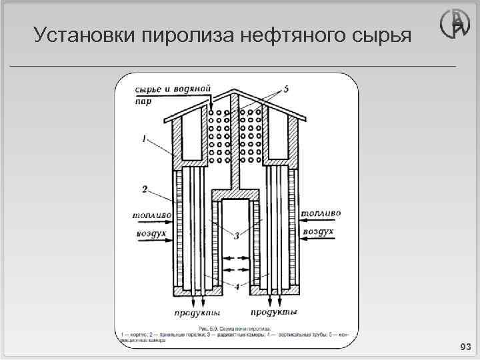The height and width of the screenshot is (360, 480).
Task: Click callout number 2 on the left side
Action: pyautogui.click(x=145, y=189)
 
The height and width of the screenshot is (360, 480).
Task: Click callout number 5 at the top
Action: pyautogui.click(x=285, y=88)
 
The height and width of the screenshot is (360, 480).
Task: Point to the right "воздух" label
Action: pyautogui.click(x=319, y=231)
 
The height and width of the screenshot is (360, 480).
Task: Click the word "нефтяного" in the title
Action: pyautogui.click(x=281, y=35)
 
